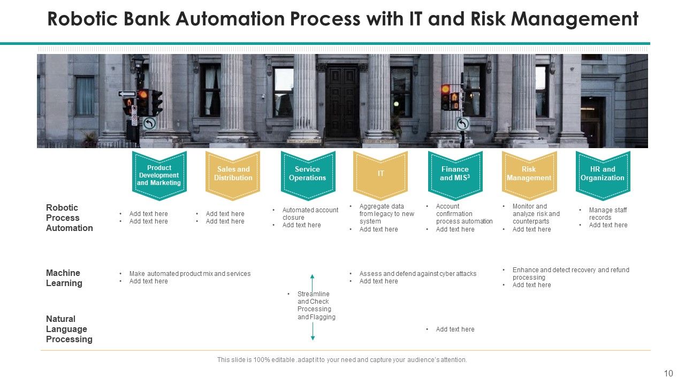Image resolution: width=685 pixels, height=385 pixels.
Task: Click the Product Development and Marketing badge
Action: coord(159,175)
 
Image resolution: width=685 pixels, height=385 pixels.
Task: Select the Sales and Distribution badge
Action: coord(233,174)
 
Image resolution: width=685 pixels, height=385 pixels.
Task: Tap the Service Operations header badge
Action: coord(307,174)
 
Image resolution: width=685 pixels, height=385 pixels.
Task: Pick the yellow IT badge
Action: coord(380,174)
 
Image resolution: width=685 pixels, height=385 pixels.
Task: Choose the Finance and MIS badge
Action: coord(455,174)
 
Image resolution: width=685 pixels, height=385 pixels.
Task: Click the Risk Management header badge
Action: coord(529,174)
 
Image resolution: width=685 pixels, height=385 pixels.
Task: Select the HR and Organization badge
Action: coord(603,174)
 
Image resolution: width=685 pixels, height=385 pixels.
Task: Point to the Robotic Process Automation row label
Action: coord(69,218)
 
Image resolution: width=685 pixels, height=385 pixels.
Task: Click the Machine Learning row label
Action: coord(64,278)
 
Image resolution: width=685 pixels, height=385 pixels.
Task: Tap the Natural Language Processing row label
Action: coord(69,329)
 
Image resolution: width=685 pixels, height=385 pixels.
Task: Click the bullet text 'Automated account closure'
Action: coord(310,213)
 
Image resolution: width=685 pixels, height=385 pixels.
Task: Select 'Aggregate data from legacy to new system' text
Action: coord(386,213)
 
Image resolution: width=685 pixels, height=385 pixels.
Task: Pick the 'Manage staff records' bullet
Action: coord(607,213)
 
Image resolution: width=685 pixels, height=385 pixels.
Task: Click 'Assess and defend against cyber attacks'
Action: coord(417,274)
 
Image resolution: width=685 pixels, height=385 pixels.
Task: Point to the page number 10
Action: coord(668,374)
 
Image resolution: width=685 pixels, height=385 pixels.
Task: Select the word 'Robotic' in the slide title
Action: coord(81,19)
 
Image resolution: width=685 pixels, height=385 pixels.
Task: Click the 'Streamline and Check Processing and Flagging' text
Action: coord(316,305)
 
